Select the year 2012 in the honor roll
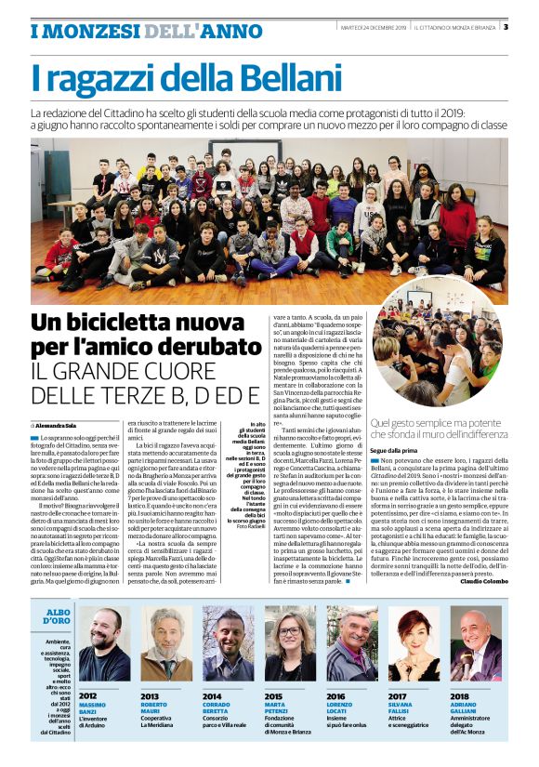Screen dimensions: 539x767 (x=88, y=695)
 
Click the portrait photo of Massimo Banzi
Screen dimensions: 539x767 (x=104, y=644)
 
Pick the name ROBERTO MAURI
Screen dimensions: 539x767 (x=155, y=708)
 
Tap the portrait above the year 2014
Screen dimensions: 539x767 (x=228, y=644)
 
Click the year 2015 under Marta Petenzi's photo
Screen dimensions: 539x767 (x=273, y=695)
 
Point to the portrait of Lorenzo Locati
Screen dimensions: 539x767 (x=352, y=644)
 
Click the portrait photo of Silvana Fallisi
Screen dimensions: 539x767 (x=414, y=644)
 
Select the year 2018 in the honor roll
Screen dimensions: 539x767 (x=459, y=695)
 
